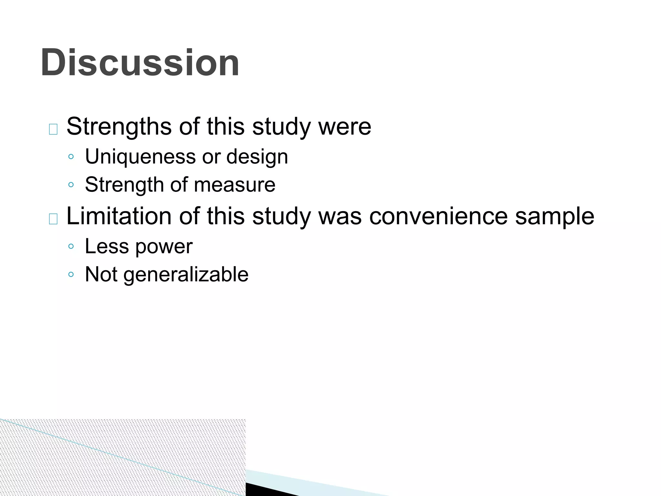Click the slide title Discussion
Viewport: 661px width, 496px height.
point(140,63)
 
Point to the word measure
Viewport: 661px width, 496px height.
point(235,185)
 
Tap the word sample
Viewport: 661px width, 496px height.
point(554,217)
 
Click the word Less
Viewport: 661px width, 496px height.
point(107,246)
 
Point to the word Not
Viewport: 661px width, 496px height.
point(101,274)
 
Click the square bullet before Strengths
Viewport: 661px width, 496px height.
point(53,129)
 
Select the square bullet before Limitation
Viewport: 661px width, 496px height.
point(53,219)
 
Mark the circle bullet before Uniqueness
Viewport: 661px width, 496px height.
point(71,157)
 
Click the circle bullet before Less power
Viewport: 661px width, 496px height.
point(71,246)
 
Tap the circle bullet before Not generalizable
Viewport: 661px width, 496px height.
point(71,274)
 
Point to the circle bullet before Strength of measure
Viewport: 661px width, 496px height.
point(71,185)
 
